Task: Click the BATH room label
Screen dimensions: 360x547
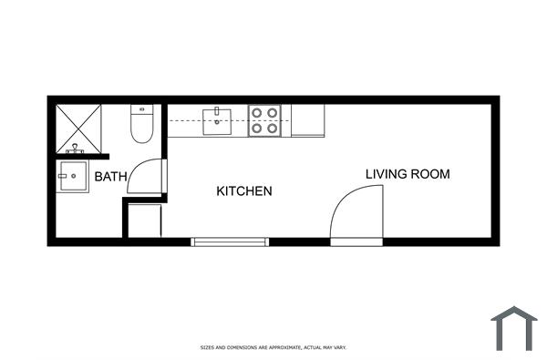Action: (x=110, y=177)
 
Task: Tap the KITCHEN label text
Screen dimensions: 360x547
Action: (x=243, y=191)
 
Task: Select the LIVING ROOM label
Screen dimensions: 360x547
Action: (x=408, y=174)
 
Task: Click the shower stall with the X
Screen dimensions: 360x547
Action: (x=77, y=128)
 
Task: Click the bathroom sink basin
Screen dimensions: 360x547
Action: (x=73, y=177)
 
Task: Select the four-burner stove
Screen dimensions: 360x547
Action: (x=264, y=121)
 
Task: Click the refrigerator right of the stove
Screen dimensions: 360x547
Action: (x=307, y=120)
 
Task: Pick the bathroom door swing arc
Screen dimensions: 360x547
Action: (x=145, y=176)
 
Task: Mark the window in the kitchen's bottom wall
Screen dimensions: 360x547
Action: (x=230, y=242)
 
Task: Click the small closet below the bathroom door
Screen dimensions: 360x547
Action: (x=144, y=221)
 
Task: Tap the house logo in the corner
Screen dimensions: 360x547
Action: (x=514, y=328)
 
